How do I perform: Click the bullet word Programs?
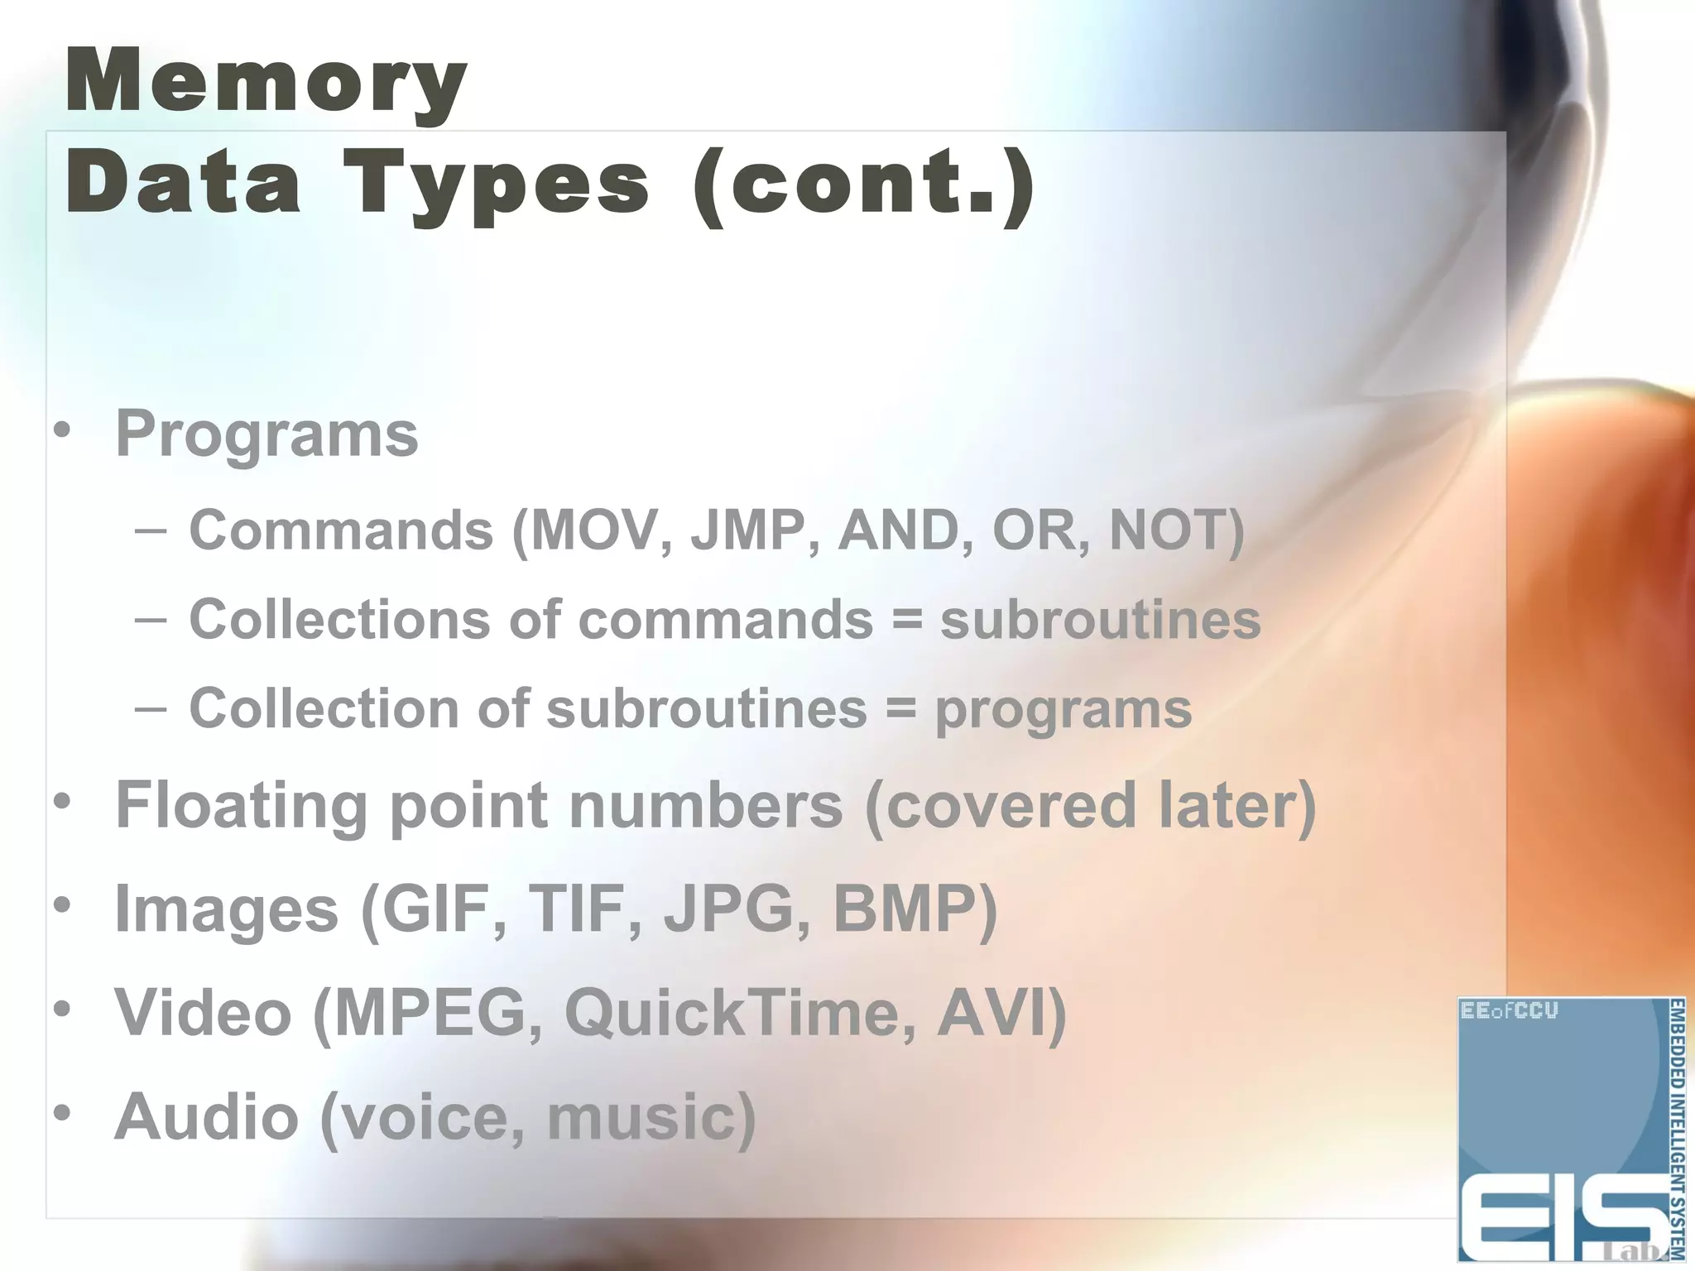pos(266,434)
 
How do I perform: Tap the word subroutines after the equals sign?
pos(1100,620)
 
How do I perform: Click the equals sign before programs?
pos(901,708)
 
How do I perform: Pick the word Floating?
pos(241,804)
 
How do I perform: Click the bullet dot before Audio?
pos(62,1113)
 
